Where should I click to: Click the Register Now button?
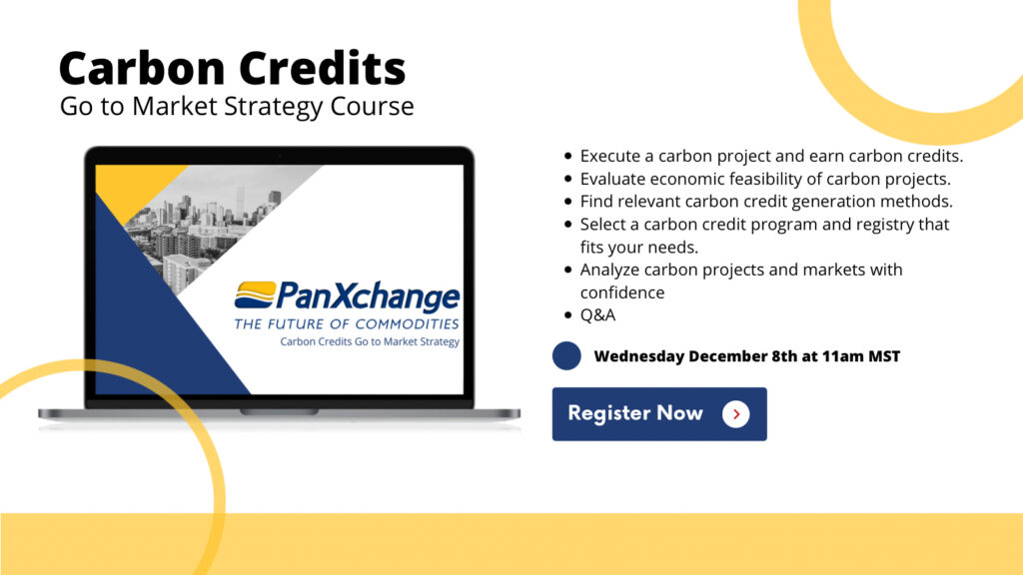click(x=659, y=414)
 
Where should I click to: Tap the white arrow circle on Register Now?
click(x=736, y=414)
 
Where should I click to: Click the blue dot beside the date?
click(x=566, y=356)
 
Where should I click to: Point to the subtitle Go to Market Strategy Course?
click(x=237, y=106)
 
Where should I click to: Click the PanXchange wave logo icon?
click(x=255, y=294)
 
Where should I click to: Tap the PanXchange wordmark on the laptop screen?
click(x=368, y=296)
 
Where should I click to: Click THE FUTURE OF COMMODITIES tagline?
click(x=347, y=324)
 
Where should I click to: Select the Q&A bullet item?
click(x=597, y=314)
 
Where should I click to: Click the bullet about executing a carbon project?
click(x=771, y=156)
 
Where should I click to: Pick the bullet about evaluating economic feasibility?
click(x=765, y=179)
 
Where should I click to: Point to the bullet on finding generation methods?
click(x=766, y=202)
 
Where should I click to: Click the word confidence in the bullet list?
click(x=622, y=292)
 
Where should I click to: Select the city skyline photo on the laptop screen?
click(x=209, y=222)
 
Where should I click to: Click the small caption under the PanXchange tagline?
click(x=370, y=341)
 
